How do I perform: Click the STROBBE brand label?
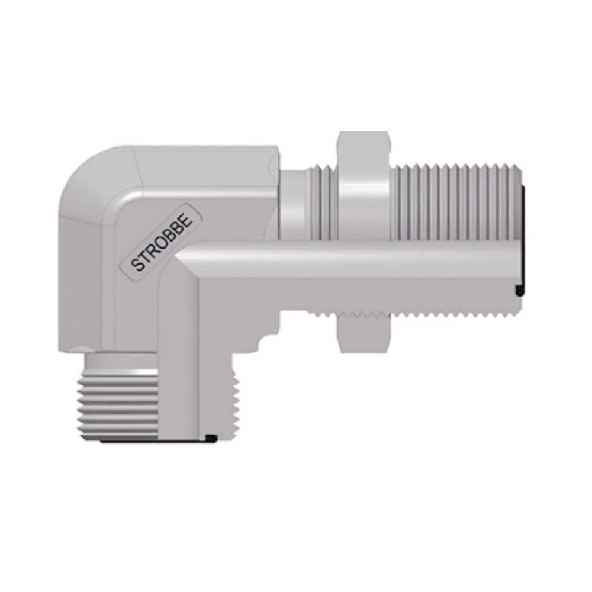point(162,243)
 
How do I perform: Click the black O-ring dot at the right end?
point(520,290)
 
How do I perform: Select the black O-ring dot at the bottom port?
point(211,438)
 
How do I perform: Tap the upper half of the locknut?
point(363,185)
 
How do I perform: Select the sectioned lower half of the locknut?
point(363,333)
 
